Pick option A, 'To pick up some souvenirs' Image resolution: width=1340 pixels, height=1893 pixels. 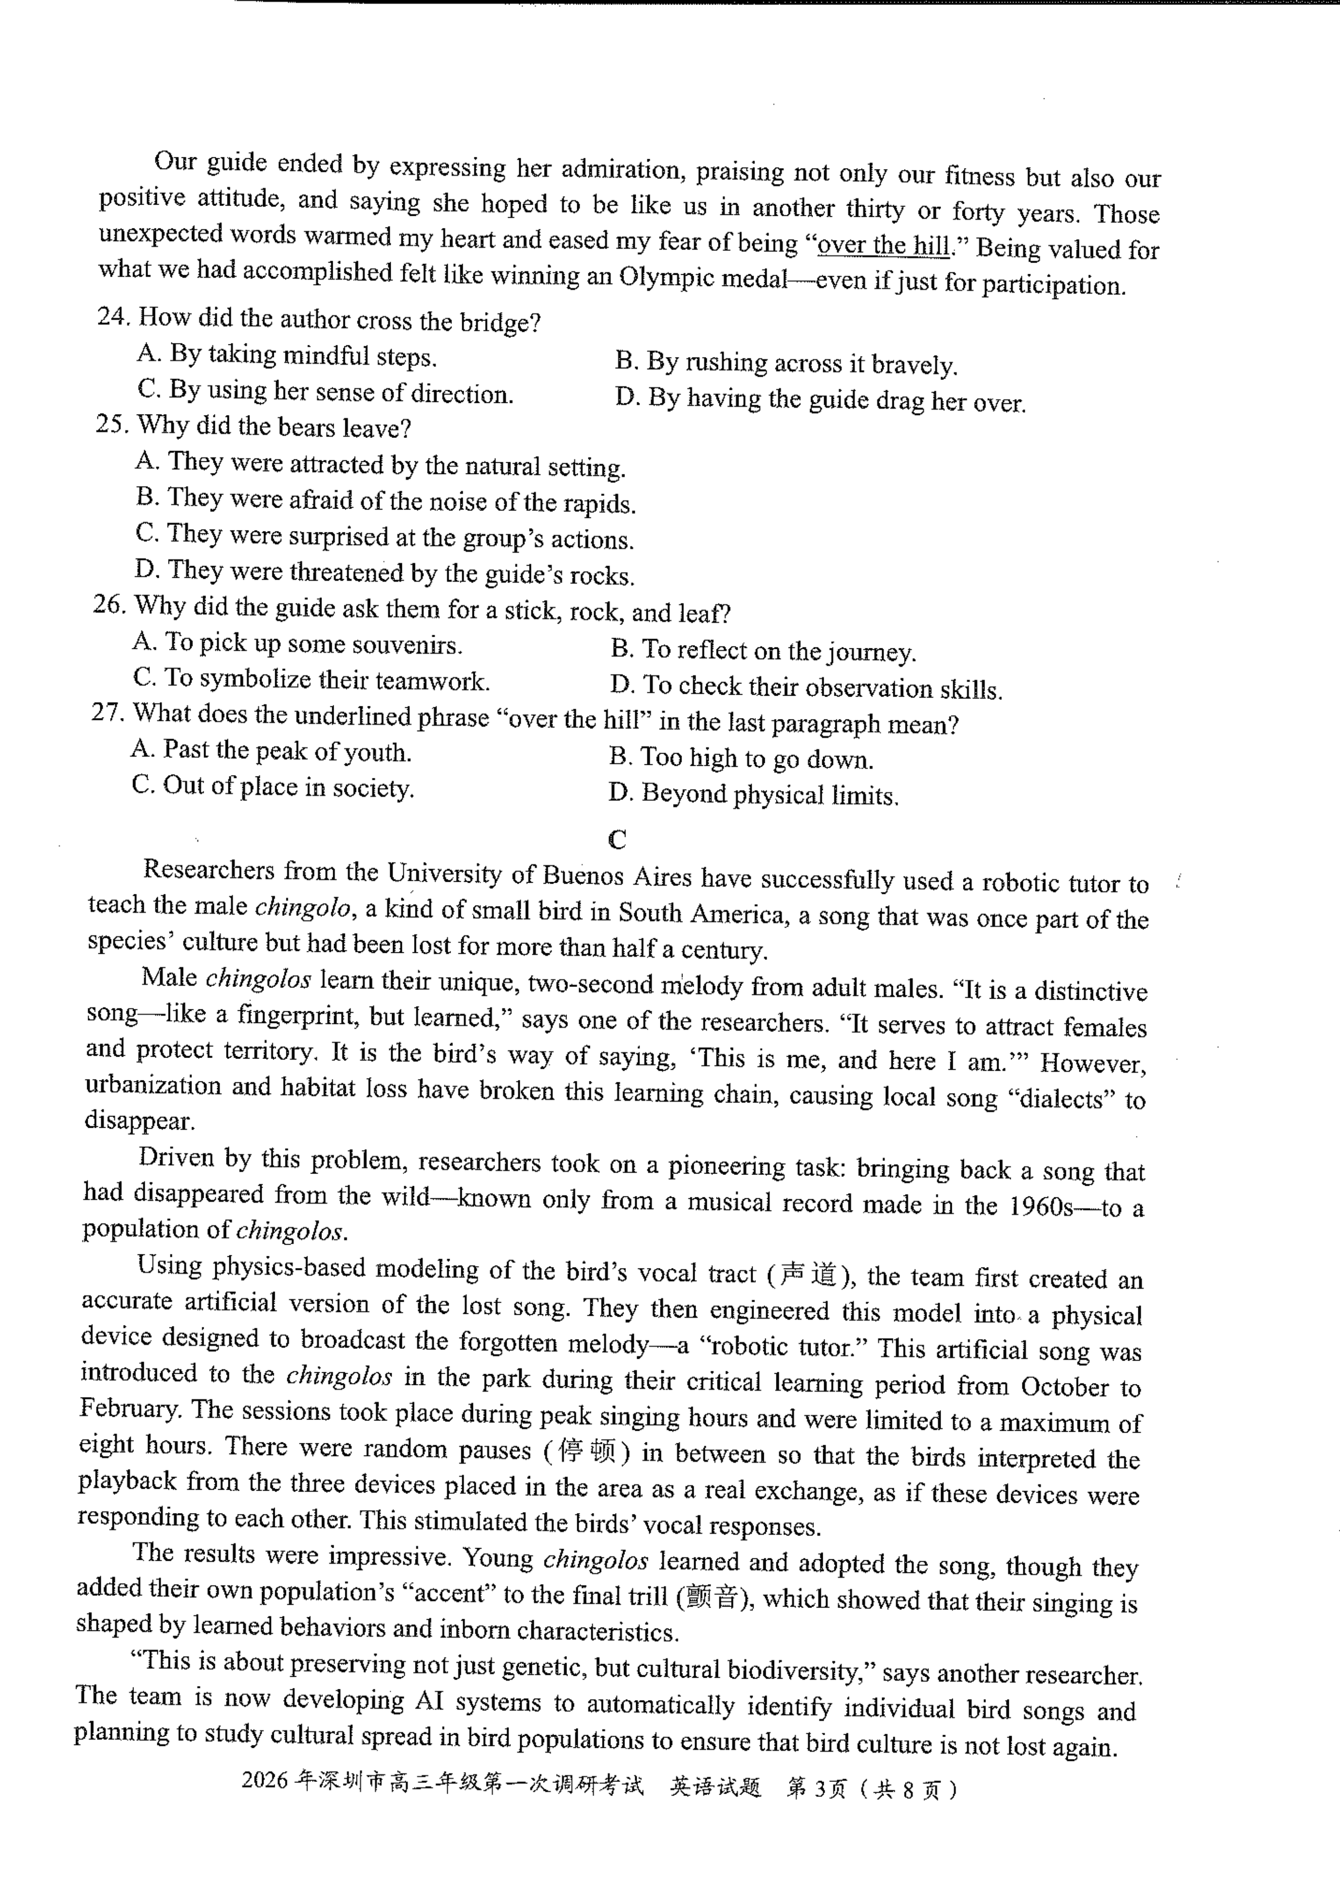(x=297, y=644)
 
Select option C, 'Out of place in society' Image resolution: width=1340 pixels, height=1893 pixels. (x=272, y=786)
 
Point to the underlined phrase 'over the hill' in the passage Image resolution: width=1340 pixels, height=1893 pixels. (x=883, y=245)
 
